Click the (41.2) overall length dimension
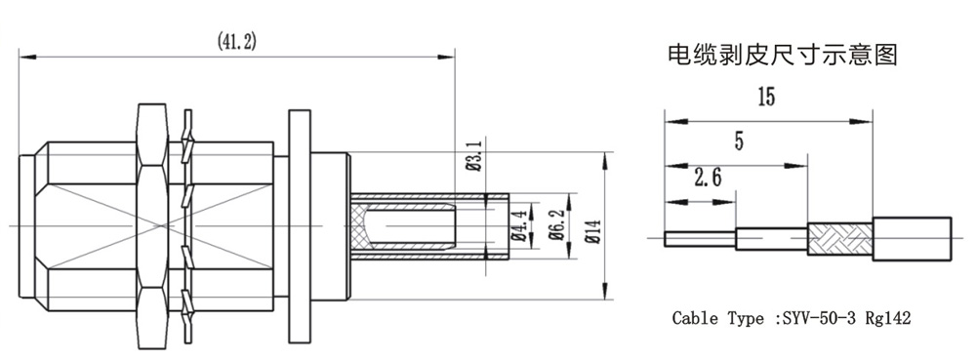237,42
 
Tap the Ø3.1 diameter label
474,157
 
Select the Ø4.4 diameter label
517,225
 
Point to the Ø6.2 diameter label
556,225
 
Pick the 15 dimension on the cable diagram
766,98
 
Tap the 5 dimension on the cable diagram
739,141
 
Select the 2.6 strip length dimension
708,180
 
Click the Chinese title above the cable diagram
783,56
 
